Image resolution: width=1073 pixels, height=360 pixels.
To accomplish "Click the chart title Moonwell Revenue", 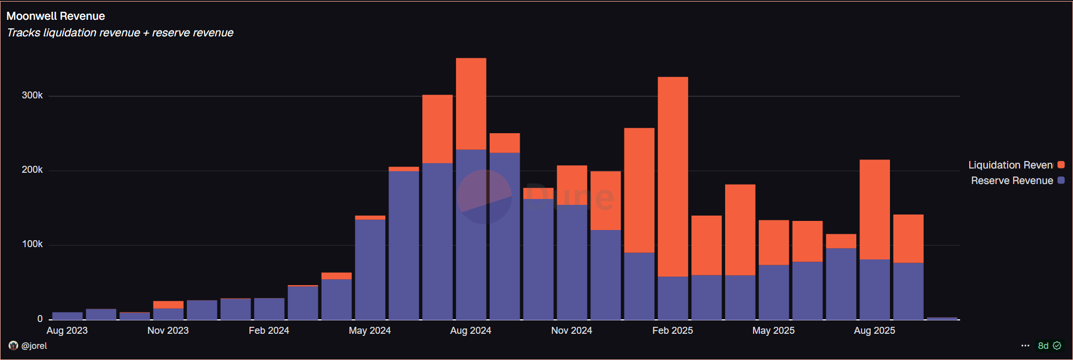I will [x=56, y=16].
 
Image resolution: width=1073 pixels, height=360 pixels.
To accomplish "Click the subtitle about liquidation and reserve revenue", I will [x=120, y=33].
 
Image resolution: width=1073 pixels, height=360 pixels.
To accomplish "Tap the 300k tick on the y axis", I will [x=32, y=95].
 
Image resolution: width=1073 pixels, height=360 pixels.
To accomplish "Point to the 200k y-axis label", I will [x=32, y=170].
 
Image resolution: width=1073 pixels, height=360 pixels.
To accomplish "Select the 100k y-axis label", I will [x=32, y=244].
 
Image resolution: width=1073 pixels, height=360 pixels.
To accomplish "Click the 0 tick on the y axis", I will [x=40, y=319].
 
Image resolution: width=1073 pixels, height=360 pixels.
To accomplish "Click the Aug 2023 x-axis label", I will [x=67, y=331].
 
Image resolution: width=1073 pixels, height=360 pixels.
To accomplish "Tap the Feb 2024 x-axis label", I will [x=269, y=331].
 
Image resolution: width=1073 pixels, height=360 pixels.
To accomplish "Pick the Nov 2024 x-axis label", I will [x=572, y=331].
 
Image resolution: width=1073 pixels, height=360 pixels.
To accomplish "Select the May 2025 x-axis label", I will [x=773, y=331].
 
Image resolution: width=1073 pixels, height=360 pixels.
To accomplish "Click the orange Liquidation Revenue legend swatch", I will [x=1061, y=165].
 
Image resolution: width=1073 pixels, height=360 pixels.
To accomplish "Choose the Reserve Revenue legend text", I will [x=1011, y=181].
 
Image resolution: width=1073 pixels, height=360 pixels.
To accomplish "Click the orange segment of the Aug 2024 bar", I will [x=471, y=103].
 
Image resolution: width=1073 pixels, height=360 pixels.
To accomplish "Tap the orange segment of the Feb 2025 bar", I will [x=673, y=177].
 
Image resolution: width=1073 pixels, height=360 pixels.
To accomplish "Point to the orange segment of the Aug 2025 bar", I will [x=874, y=209].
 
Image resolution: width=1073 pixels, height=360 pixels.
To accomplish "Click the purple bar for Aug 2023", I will [x=67, y=316].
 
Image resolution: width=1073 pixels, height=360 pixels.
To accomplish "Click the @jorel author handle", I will [x=34, y=346].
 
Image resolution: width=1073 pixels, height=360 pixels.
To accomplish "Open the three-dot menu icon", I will [x=1025, y=346].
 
